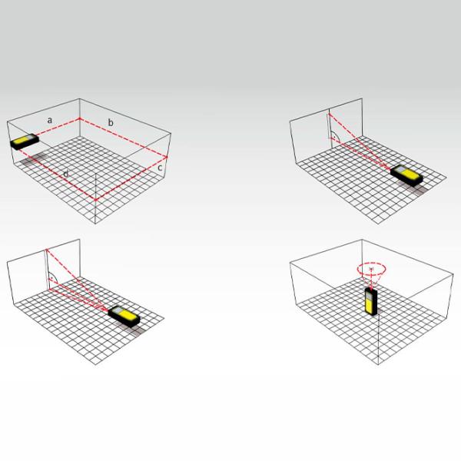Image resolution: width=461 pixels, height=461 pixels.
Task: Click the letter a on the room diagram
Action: [50, 121]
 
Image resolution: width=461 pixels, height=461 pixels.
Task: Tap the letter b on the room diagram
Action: [111, 122]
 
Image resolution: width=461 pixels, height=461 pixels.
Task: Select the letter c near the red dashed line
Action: [160, 167]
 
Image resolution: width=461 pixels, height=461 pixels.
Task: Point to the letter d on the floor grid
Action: [65, 174]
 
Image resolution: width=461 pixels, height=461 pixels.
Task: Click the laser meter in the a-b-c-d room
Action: [25, 141]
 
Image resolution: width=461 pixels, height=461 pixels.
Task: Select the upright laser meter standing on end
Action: [371, 302]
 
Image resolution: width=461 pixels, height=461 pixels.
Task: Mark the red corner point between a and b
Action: [79, 119]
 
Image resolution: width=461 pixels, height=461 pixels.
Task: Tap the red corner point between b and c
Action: [167, 158]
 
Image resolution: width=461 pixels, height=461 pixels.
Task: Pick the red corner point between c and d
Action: [95, 200]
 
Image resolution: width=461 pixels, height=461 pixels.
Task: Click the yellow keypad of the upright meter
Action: [370, 307]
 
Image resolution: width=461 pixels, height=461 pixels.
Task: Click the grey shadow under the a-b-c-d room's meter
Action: [33, 159]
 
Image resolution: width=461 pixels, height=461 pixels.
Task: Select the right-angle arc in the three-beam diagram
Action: [52, 277]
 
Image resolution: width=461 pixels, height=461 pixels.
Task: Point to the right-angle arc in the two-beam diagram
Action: [335, 137]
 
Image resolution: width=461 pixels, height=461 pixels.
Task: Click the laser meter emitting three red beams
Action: [124, 317]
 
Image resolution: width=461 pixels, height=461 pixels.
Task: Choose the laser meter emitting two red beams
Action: [406, 175]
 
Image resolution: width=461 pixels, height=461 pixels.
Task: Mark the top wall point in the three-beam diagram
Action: [46, 250]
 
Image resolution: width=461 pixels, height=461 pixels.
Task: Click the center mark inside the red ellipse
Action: [371, 269]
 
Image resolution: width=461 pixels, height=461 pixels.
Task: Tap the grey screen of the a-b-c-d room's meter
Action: [30, 138]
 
